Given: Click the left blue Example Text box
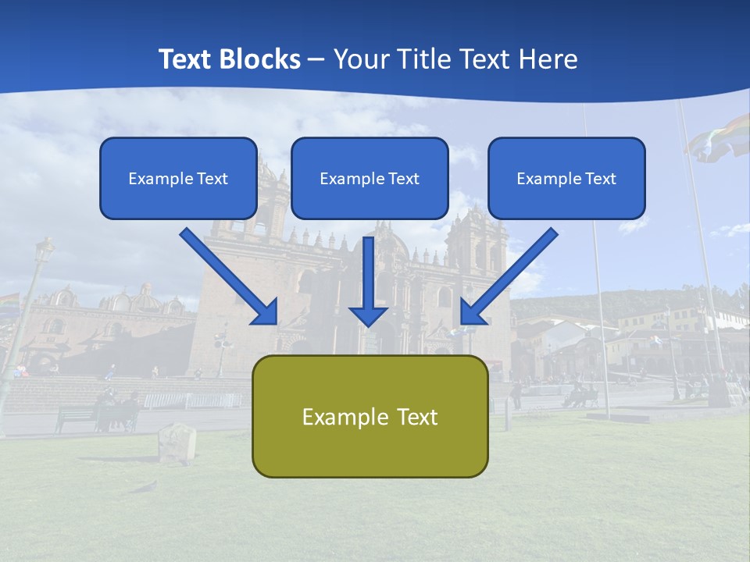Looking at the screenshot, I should click(x=178, y=178).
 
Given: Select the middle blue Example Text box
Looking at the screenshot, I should click(x=370, y=178).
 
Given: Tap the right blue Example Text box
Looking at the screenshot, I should click(x=566, y=178).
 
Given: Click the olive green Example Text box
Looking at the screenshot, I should click(x=370, y=416).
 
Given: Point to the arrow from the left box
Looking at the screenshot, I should click(x=228, y=276).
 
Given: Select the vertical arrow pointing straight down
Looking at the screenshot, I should click(x=369, y=281).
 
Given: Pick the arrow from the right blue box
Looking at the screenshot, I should click(x=509, y=276).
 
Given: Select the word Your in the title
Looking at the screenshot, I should click(x=359, y=59).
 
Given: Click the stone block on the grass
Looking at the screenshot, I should click(x=177, y=442).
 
